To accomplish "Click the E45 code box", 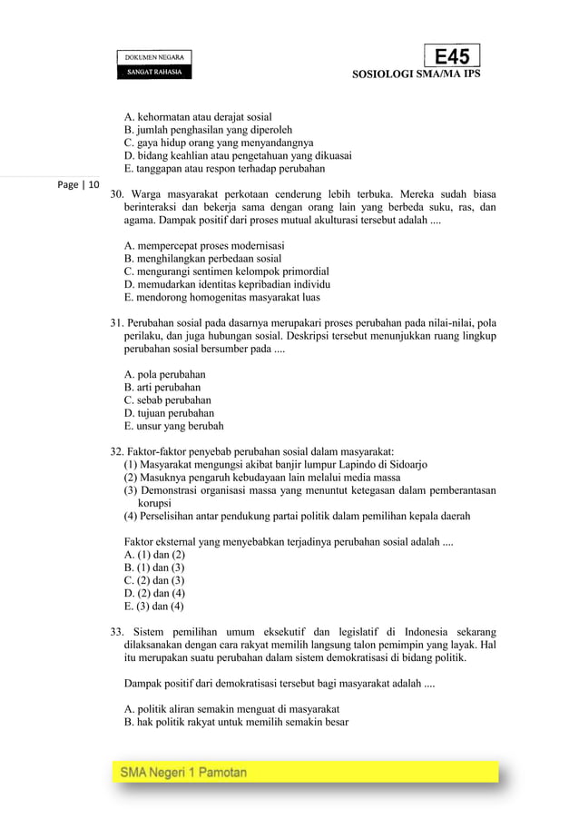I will point(452,56).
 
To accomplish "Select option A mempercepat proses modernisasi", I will point(204,245).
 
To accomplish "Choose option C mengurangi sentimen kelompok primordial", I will point(226,271).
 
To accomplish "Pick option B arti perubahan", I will point(162,387).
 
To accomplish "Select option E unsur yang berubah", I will point(173,425).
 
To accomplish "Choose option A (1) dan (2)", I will point(154,554).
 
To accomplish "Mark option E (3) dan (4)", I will point(154,606).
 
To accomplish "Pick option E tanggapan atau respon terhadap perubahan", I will point(223,168).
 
